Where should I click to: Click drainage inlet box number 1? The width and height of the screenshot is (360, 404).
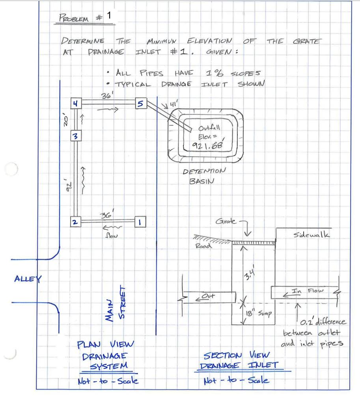140,222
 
